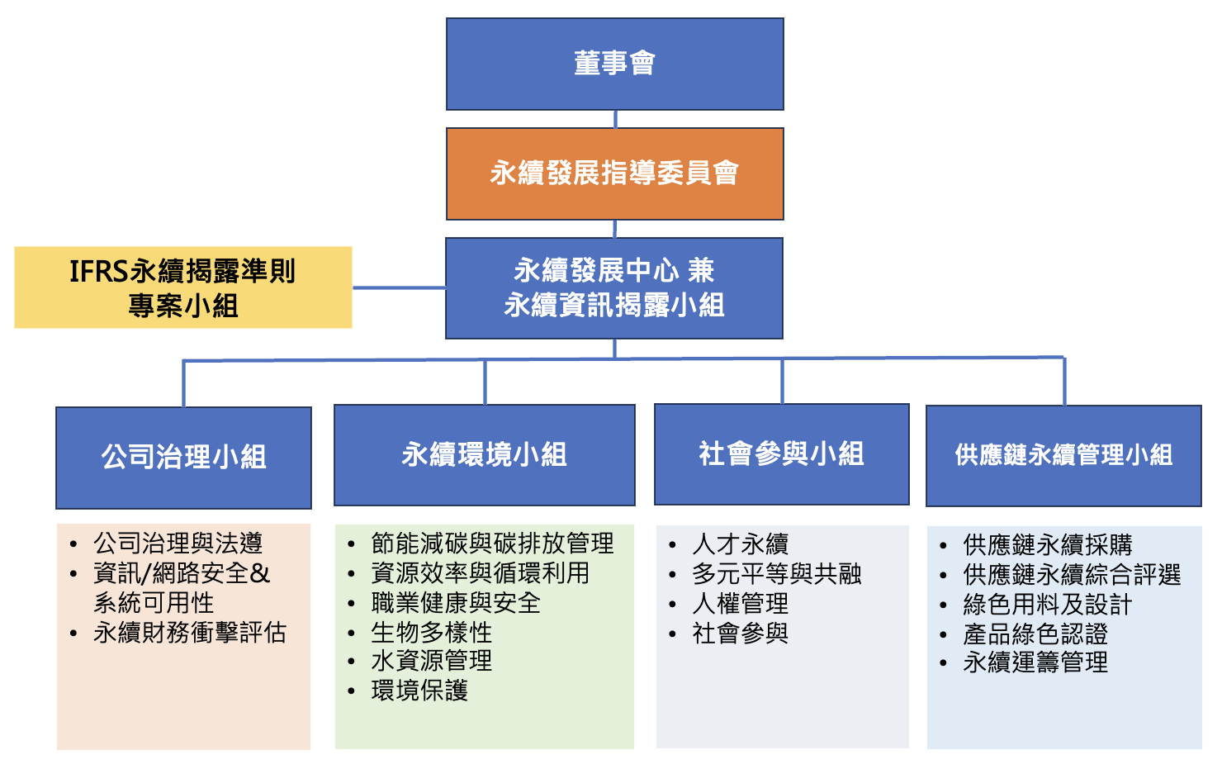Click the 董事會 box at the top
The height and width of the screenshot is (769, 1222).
[x=614, y=64]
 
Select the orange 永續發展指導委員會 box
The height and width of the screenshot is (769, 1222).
[x=614, y=173]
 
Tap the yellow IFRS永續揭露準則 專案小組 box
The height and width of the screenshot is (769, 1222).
[x=182, y=287]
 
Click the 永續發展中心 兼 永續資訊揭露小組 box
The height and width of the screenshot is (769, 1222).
[x=614, y=287]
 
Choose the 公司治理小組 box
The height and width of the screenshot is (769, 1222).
[x=183, y=457]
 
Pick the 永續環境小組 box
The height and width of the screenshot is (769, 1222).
[x=484, y=454]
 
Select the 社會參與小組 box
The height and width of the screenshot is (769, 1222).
[x=781, y=453]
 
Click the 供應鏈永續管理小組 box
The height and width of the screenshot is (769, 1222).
[x=1063, y=455]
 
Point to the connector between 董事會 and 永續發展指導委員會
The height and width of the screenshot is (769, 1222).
[x=615, y=119]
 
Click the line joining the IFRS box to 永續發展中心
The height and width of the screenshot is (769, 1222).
[x=399, y=287]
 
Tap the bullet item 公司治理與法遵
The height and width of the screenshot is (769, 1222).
[x=178, y=544]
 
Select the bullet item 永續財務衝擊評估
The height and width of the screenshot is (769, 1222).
[x=190, y=633]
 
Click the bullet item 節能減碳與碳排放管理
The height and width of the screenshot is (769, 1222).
[x=492, y=544]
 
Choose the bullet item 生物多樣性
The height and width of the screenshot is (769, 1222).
[x=431, y=633]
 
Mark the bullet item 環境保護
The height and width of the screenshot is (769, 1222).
[x=419, y=691]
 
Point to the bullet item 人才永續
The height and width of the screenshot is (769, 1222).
[x=740, y=544]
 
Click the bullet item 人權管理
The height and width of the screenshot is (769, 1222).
[x=740, y=604]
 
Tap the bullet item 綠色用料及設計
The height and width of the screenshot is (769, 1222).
[x=1047, y=605]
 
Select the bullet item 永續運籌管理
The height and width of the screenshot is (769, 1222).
[x=1035, y=662]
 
